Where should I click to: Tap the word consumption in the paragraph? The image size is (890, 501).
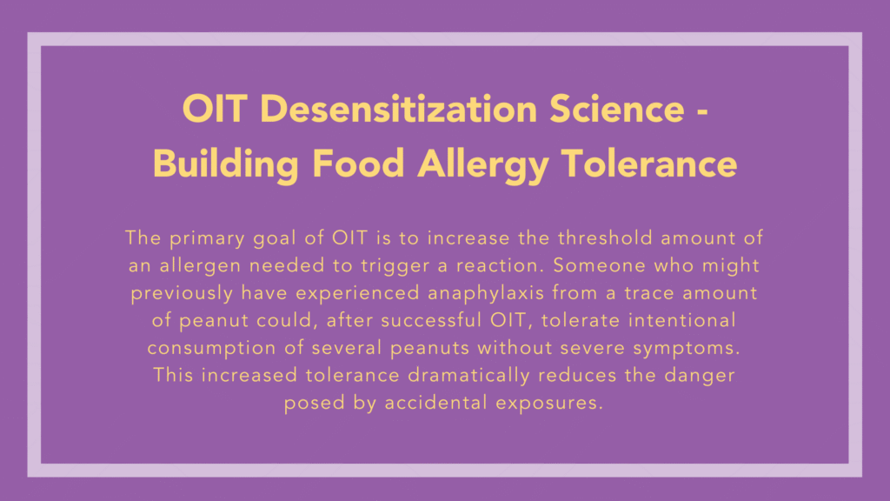[x=205, y=349]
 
